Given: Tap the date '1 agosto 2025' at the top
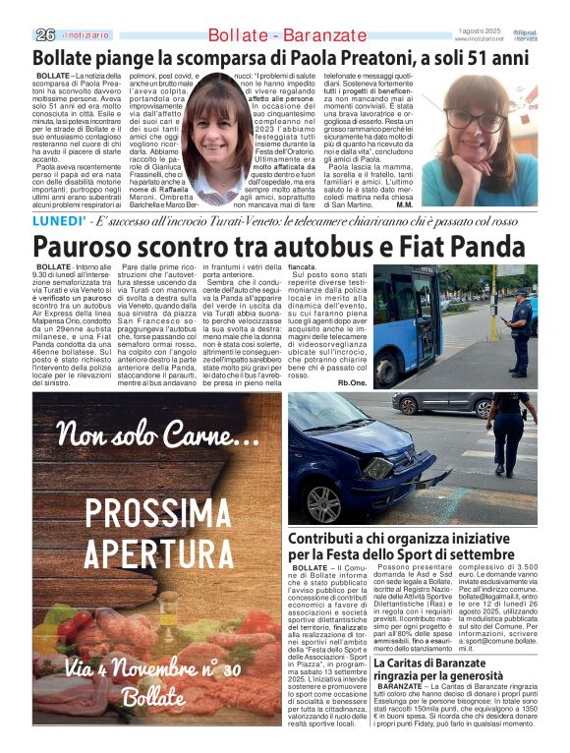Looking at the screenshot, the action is tap(480, 30).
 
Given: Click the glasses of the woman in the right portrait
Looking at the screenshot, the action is tap(479, 123).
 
